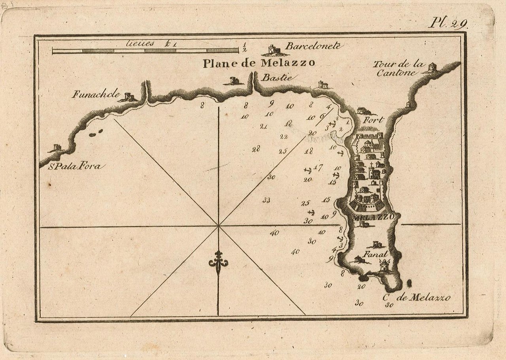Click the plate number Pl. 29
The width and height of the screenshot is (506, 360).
(448, 23)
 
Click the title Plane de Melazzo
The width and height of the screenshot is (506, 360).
(259, 63)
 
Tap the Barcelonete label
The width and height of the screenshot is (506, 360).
(313, 46)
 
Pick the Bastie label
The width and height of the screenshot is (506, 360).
(277, 78)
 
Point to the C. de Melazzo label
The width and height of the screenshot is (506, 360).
(417, 298)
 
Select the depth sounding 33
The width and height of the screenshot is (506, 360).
(266, 200)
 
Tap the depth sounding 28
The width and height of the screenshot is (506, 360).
(256, 149)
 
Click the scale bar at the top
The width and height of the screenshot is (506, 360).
(145, 51)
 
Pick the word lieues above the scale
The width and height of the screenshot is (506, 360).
(140, 43)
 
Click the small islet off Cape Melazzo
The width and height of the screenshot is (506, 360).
(409, 283)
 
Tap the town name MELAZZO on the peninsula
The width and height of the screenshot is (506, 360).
(373, 217)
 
